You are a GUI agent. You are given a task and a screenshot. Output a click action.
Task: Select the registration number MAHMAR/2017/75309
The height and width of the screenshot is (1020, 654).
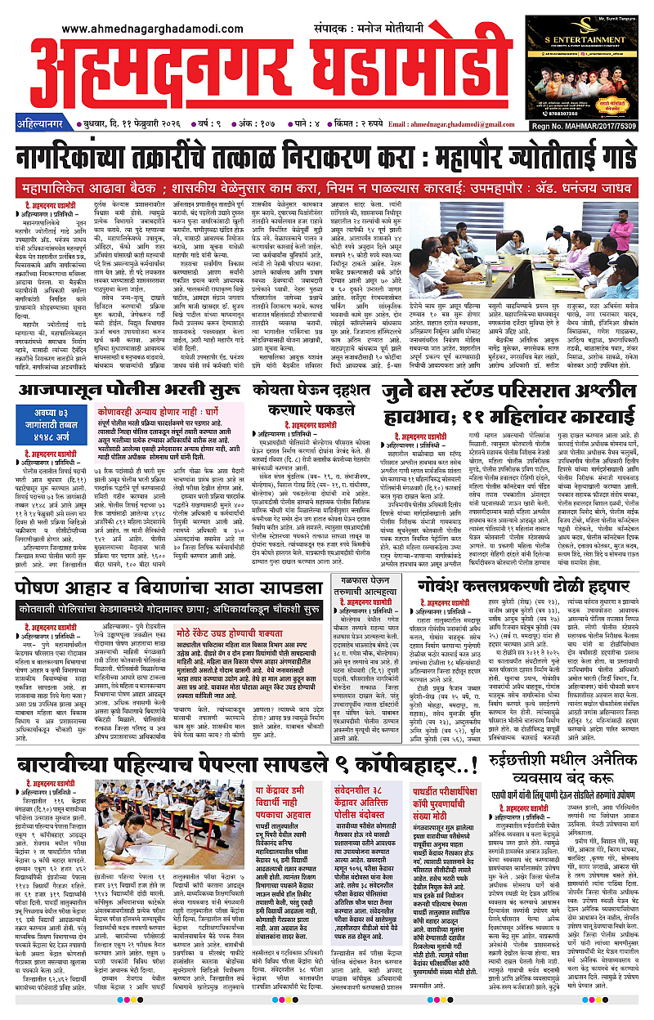point(592,124)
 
